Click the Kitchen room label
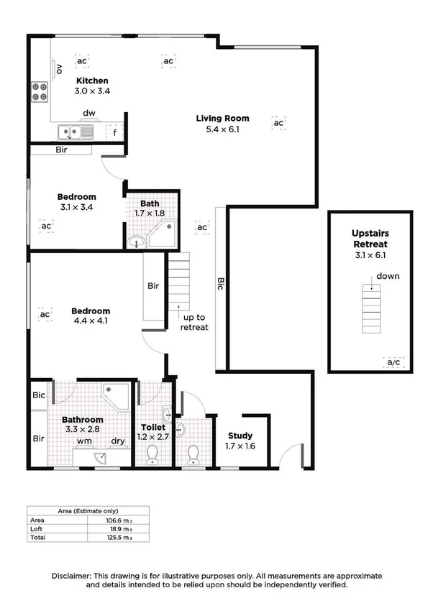pyautogui.click(x=93, y=81)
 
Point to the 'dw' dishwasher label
pyautogui.click(x=89, y=113)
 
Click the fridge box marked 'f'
pyautogui.click(x=114, y=132)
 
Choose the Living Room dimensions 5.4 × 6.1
pyautogui.click(x=223, y=129)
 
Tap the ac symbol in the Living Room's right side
pyautogui.click(x=278, y=124)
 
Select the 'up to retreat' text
pyautogui.click(x=195, y=322)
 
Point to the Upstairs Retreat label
pyautogui.click(x=370, y=239)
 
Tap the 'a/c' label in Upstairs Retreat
pyautogui.click(x=393, y=362)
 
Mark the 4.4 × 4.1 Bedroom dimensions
pyautogui.click(x=91, y=321)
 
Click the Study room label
pyautogui.click(x=240, y=436)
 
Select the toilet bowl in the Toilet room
pyautogui.click(x=152, y=454)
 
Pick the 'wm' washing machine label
pyautogui.click(x=83, y=441)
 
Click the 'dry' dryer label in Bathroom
pyautogui.click(x=118, y=441)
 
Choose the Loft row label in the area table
pyautogui.click(x=36, y=528)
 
